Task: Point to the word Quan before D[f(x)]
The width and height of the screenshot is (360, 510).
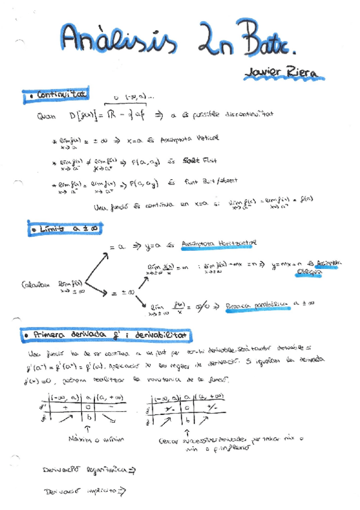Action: coord(45,117)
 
